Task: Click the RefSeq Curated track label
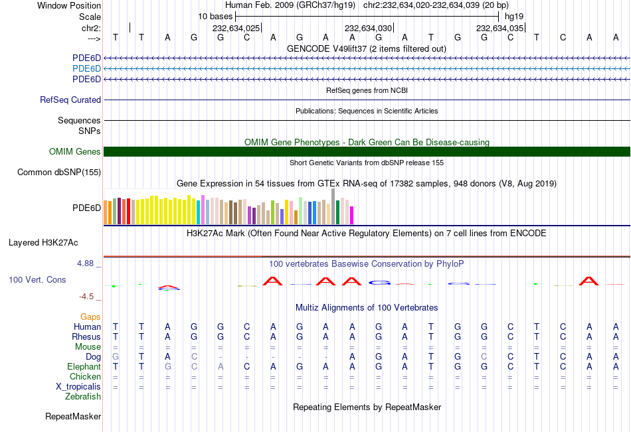(70, 100)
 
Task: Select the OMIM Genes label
(75, 152)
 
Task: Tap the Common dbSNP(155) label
(59, 173)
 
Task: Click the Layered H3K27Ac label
(43, 242)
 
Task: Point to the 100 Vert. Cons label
(37, 280)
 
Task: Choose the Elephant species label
(84, 367)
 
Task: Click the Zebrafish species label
(83, 397)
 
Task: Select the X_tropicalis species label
(78, 387)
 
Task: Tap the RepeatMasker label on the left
(73, 417)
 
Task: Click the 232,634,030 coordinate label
(368, 29)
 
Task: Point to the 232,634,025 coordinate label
(236, 29)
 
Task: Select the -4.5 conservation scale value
(87, 297)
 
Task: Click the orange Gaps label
(91, 317)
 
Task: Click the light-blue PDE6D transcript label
(86, 69)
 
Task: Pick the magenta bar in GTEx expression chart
(352, 215)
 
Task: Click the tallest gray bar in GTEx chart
(333, 206)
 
